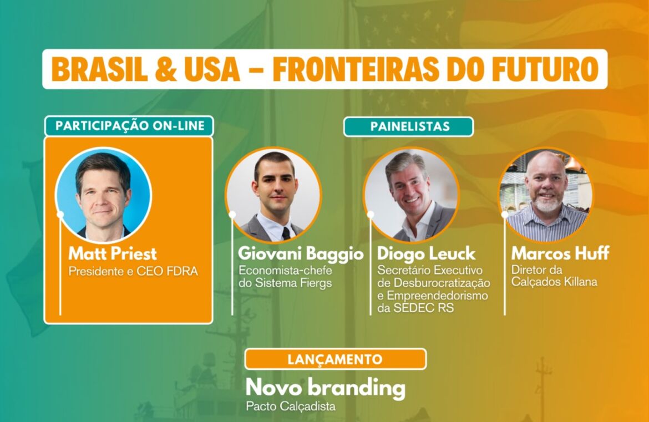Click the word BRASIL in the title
tap(99, 69)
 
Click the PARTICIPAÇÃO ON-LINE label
tap(130, 126)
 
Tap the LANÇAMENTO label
tap(335, 359)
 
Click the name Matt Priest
tap(113, 253)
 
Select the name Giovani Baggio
tap(301, 253)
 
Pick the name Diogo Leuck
tap(427, 253)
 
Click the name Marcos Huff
tap(560, 253)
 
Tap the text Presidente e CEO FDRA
tap(133, 271)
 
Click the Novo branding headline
tap(325, 388)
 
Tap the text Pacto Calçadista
tap(291, 406)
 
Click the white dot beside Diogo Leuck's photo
tap(371, 214)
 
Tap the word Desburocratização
tap(442, 283)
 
